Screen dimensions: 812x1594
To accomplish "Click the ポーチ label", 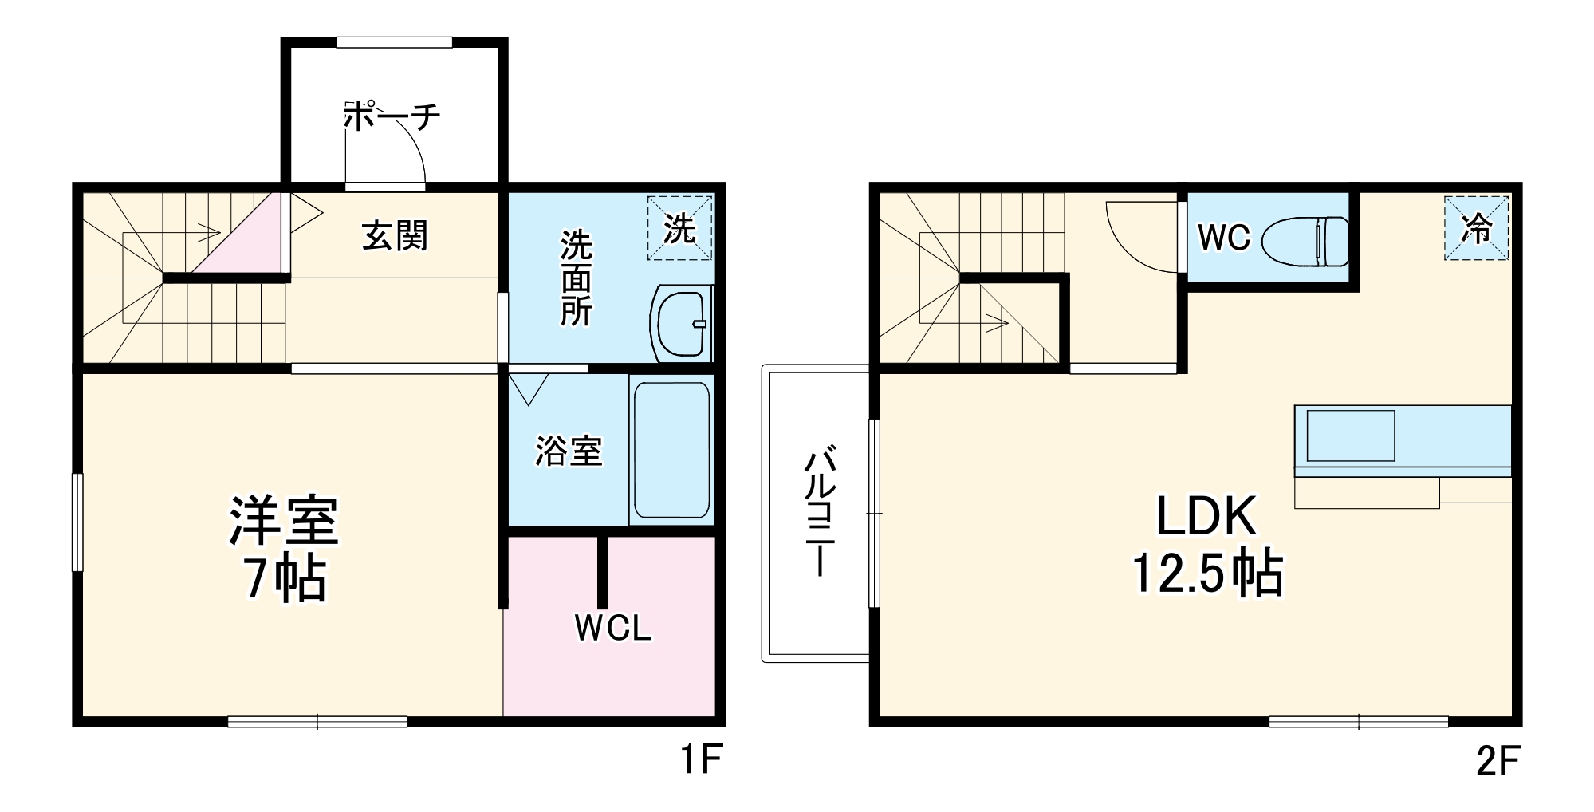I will click(x=392, y=116).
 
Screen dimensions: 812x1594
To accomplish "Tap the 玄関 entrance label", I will click(x=395, y=235).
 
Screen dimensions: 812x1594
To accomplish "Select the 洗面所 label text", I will click(x=576, y=278).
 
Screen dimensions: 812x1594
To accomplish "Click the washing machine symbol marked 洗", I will click(x=679, y=228).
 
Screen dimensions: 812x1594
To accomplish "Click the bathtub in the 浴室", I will click(x=671, y=450).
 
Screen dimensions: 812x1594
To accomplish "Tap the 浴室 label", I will click(x=568, y=451).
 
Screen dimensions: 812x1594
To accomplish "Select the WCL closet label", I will click(x=612, y=629).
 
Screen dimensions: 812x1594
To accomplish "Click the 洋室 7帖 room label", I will click(x=284, y=548).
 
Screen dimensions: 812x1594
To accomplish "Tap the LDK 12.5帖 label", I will click(x=1207, y=544).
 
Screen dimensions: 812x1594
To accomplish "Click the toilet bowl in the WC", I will click(x=1305, y=241).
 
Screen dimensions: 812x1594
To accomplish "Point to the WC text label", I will click(x=1223, y=237).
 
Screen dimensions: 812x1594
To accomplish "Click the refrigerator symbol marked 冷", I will click(x=1476, y=228).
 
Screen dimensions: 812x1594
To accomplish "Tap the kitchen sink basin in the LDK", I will click(x=1350, y=436).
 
